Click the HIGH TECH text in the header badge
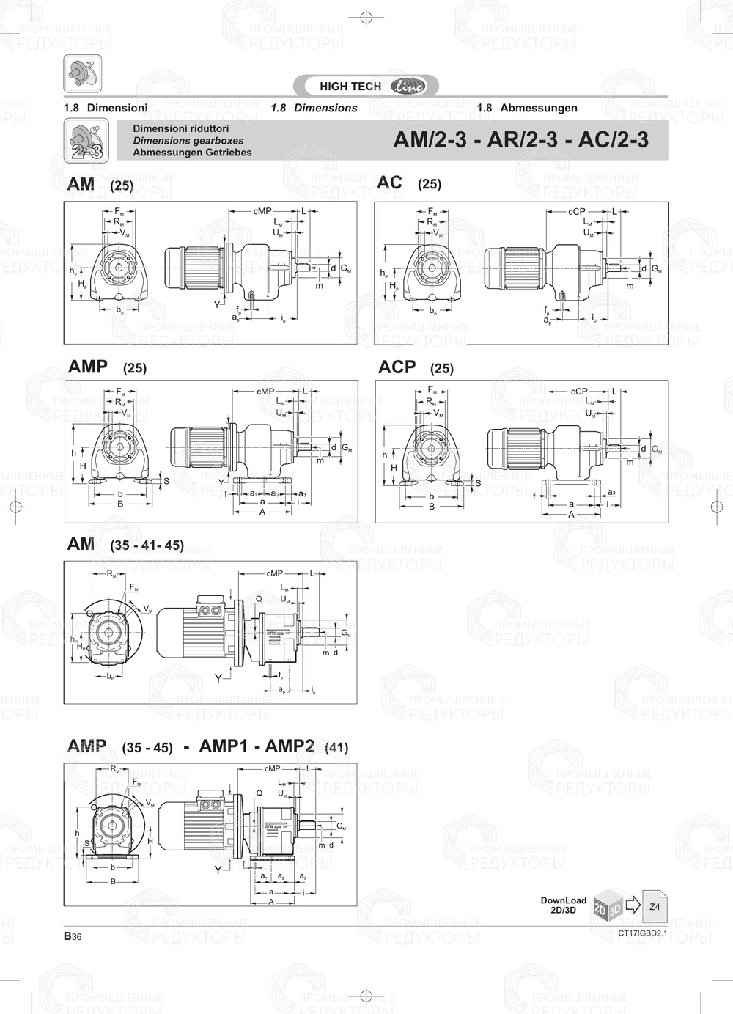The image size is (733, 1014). [350, 87]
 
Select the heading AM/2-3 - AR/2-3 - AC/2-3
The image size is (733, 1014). [520, 140]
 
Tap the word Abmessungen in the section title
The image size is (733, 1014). [539, 108]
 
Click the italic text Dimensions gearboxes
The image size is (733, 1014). [188, 141]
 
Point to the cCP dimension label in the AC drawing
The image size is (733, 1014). [577, 211]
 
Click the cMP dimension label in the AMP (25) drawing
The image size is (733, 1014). [265, 392]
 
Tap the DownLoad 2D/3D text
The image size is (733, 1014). [563, 905]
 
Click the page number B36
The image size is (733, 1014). [72, 936]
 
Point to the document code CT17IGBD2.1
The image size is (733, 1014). [643, 933]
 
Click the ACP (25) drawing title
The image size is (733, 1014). [416, 367]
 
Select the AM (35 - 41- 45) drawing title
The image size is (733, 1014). [125, 545]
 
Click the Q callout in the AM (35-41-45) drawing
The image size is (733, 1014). [259, 599]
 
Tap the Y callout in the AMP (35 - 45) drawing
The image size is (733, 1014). [218, 870]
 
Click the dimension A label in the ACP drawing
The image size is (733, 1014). [571, 515]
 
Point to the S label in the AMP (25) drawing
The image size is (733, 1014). [166, 481]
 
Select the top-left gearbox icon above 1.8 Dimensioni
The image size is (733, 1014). [82, 73]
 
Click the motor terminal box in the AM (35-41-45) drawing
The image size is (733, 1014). [210, 609]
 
